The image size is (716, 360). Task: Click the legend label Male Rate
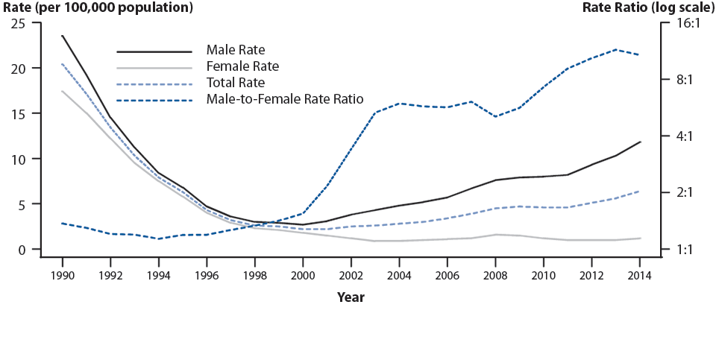pyautogui.click(x=236, y=51)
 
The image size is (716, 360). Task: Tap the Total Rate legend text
pyautogui.click(x=236, y=83)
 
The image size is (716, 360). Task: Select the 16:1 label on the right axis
pyautogui.click(x=685, y=23)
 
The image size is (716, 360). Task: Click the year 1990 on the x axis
pyautogui.click(x=62, y=275)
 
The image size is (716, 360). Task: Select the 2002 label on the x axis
pyautogui.click(x=351, y=275)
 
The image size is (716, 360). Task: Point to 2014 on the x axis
pyautogui.click(x=640, y=275)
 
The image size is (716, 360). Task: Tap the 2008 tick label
pyautogui.click(x=495, y=275)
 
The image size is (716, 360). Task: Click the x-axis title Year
pyautogui.click(x=351, y=297)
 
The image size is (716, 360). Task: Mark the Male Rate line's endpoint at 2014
pyautogui.click(x=640, y=142)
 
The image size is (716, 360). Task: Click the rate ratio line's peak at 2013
pyautogui.click(x=616, y=49)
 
